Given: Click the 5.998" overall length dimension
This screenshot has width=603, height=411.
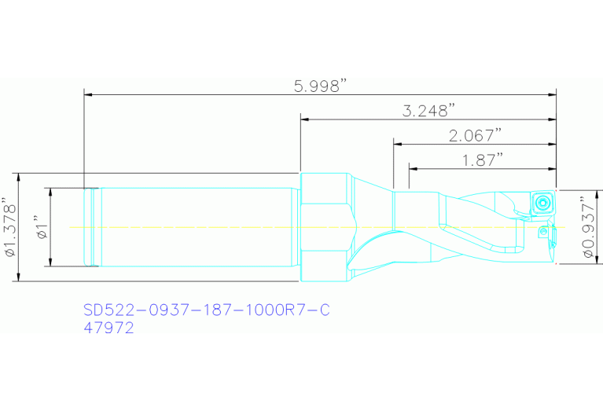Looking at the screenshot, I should (321, 86).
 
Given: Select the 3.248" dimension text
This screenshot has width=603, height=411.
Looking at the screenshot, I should (428, 112).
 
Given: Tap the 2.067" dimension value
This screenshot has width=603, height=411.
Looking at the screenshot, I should (475, 136).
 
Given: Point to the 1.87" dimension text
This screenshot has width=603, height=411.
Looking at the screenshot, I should (483, 160).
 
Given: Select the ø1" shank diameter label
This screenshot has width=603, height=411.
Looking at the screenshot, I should (42, 227).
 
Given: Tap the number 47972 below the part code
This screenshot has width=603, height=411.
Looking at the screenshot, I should (108, 329).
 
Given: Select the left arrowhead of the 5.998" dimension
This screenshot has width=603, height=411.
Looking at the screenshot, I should (88, 94).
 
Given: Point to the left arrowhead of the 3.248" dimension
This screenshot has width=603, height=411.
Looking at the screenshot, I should (305, 119).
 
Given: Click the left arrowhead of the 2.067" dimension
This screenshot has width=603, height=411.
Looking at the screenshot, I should (398, 144).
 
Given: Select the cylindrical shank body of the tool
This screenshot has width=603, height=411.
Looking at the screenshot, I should (197, 227).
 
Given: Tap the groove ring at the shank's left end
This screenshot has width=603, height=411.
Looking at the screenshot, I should (92, 227).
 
